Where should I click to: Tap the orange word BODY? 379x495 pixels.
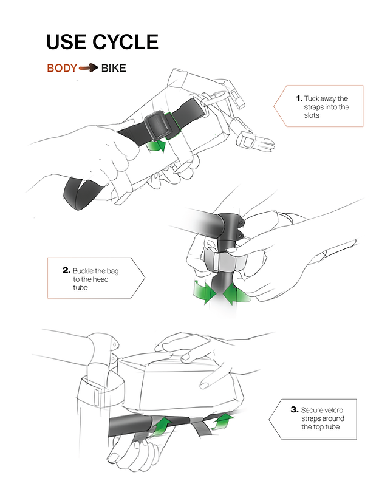[62, 68]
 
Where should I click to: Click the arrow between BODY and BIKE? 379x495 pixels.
[88, 68]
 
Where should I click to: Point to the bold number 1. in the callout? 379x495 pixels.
[299, 98]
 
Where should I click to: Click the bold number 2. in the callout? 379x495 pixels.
[66, 270]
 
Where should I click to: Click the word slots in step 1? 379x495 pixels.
[313, 115]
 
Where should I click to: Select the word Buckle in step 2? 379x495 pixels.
[83, 270]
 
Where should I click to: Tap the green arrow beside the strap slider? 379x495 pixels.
[157, 146]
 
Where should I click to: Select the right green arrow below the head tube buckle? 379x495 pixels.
[237, 296]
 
